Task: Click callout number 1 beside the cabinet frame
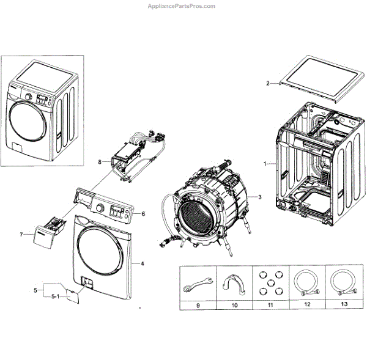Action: (x=264, y=164)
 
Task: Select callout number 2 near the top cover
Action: (x=267, y=83)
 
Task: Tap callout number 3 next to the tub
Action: (x=259, y=197)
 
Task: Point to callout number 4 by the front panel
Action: (x=142, y=263)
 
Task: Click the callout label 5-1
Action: (x=55, y=297)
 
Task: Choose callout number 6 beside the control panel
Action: (x=143, y=214)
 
